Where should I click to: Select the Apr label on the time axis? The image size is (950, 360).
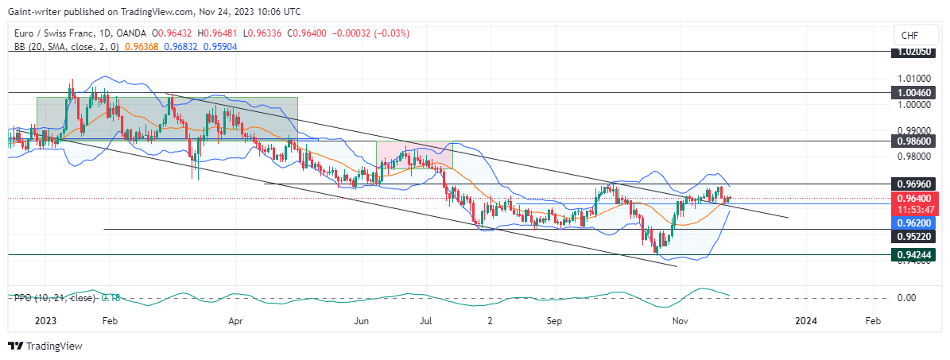pyautogui.click(x=235, y=321)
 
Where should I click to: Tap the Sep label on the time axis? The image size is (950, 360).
pyautogui.click(x=555, y=321)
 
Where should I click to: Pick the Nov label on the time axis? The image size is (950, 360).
pyautogui.click(x=680, y=321)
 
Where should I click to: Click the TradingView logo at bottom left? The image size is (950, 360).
pyautogui.click(x=45, y=346)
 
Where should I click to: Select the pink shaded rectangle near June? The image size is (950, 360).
pyautogui.click(x=413, y=155)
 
